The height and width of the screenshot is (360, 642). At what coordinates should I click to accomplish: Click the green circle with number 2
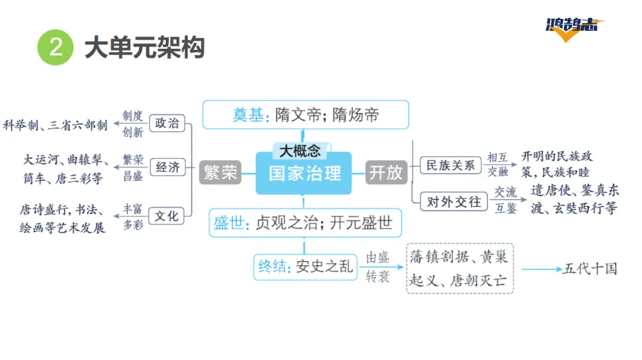click(55, 48)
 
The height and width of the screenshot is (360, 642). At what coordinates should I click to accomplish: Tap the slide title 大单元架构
click(144, 48)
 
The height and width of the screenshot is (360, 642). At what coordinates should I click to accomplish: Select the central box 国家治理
click(304, 173)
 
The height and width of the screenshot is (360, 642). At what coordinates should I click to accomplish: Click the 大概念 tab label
click(300, 150)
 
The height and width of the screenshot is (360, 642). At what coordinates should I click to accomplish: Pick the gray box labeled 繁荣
click(221, 172)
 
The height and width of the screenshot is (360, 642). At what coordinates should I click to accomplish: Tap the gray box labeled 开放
click(386, 172)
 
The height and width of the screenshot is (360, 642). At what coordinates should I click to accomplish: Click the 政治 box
click(167, 123)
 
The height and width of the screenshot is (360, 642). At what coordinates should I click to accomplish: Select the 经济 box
click(167, 167)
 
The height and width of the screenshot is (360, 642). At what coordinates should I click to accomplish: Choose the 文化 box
click(167, 216)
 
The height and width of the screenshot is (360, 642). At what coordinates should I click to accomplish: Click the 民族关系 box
click(450, 165)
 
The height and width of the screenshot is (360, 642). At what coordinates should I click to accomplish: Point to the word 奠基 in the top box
click(248, 115)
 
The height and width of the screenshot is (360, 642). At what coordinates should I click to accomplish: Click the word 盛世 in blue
click(229, 223)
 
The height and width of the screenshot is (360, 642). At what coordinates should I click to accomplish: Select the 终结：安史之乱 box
click(305, 267)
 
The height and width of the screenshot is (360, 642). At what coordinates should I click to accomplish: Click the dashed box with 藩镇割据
click(460, 268)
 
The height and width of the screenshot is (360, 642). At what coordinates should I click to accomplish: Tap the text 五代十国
click(589, 269)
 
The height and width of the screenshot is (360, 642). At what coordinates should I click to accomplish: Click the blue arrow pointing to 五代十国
click(540, 269)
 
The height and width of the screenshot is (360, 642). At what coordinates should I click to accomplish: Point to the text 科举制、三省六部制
click(55, 125)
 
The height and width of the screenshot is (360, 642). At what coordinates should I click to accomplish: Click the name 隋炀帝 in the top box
click(355, 115)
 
